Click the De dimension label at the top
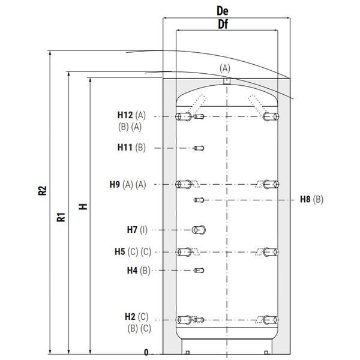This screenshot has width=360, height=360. point(223,11)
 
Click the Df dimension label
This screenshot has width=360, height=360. point(223,25)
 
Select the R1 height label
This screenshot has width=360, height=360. point(61,217)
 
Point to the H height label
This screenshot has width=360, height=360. point(83,206)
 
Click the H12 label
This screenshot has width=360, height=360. point(125,115)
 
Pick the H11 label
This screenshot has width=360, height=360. point(125,148)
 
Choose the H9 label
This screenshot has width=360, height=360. point(115,184)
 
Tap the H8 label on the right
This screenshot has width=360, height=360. point(305,199)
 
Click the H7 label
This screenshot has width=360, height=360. point(132,230)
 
